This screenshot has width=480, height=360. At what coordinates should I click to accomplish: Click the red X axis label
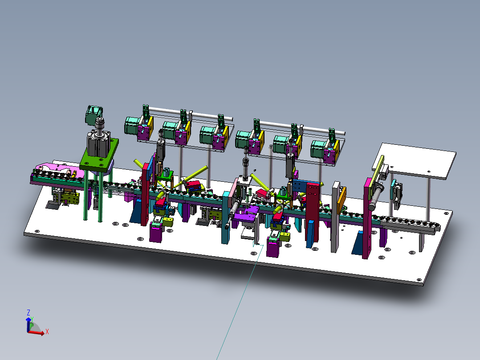click(47, 331)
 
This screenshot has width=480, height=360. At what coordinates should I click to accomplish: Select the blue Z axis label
click(28, 312)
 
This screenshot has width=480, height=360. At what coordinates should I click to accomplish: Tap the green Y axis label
click(33, 319)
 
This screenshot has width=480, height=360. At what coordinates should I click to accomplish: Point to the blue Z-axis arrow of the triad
click(28, 323)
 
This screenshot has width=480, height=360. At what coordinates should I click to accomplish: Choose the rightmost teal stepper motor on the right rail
click(319, 149)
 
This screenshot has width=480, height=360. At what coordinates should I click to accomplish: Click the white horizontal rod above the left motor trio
click(191, 114)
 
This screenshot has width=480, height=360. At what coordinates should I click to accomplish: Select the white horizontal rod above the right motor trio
click(303, 127)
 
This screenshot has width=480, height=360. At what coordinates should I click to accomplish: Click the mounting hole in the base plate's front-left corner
click(37, 231)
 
